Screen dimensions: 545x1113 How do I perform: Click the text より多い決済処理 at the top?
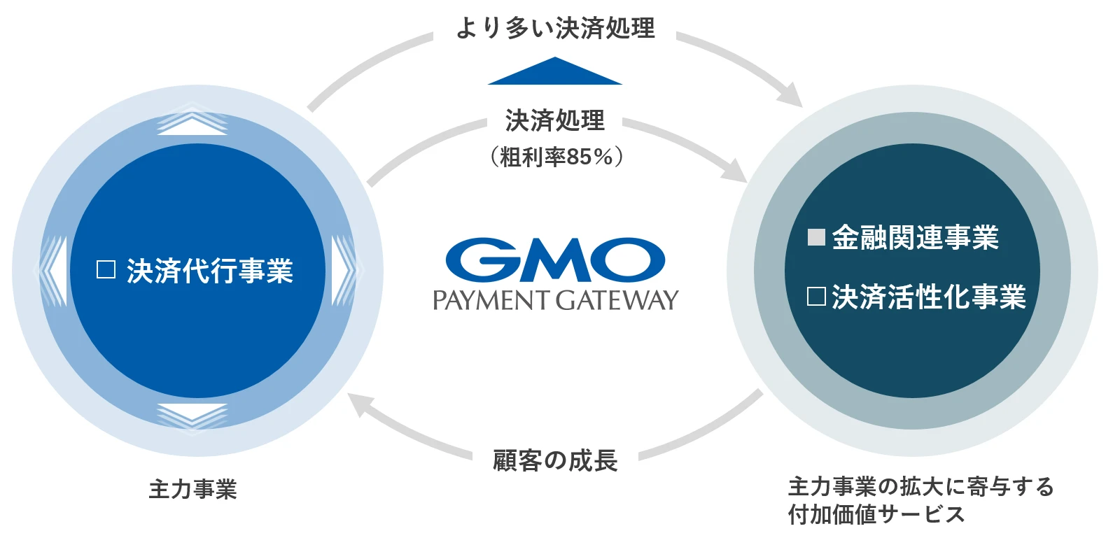555,29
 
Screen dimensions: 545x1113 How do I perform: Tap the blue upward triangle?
554,72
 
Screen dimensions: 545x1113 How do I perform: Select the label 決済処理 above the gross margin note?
554,121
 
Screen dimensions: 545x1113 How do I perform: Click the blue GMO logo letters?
555,260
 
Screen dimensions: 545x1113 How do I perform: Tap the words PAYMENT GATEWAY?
555,300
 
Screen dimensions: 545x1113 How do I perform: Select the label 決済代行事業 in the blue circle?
209,271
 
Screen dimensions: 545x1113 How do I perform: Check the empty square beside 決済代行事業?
106,270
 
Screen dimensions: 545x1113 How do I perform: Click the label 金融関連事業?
915,238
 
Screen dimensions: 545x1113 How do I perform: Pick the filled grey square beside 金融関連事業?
816,237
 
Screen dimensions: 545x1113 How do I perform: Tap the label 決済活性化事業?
928,297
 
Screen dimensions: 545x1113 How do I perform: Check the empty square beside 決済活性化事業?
816,297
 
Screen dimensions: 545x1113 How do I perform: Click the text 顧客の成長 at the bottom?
555,460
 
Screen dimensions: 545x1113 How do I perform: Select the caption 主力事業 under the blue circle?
192,489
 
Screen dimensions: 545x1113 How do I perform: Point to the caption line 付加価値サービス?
876,515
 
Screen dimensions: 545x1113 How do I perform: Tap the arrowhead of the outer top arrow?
790,95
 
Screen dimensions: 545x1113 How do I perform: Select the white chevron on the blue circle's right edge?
344,270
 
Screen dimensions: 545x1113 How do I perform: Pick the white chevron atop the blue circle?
192,121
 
